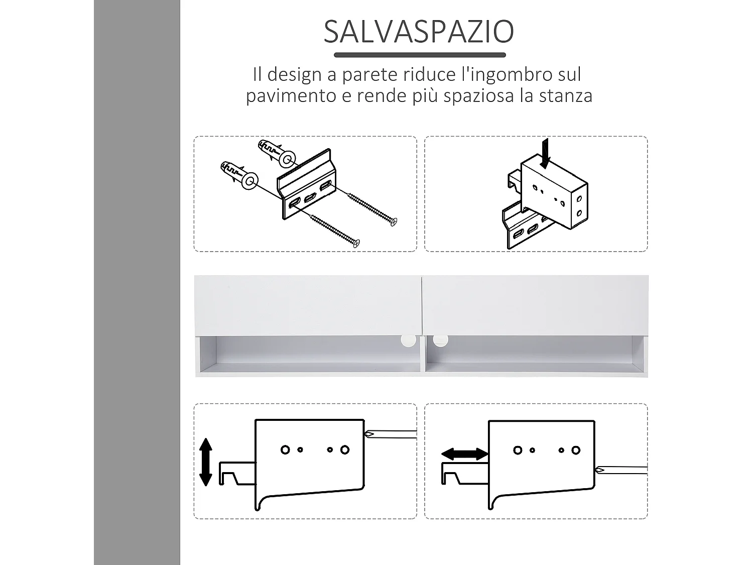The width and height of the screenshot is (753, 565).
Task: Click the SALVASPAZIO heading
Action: pos(419,32)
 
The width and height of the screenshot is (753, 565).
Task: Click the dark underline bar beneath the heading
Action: pos(420,55)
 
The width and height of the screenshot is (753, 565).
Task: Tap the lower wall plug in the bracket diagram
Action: pos(239,174)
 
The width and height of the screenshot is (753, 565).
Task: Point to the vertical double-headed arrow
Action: pos(205,462)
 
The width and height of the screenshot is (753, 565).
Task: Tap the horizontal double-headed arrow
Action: pos(464,455)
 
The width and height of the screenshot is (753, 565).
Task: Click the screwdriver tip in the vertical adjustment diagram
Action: pos(369,434)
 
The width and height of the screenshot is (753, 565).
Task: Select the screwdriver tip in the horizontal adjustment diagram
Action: pos(599,471)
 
